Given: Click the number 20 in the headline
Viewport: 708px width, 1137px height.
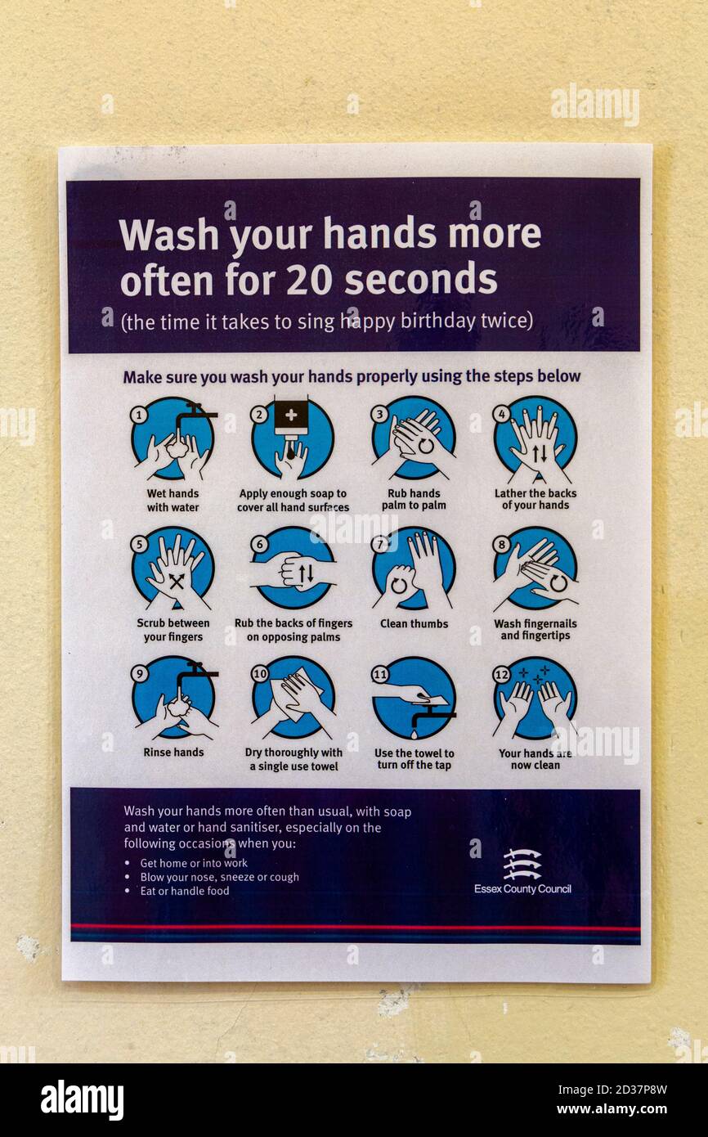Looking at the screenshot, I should coord(310,280).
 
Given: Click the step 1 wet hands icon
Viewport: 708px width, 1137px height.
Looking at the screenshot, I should coord(173,438).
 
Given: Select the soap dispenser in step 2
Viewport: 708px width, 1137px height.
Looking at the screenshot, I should coord(290,418).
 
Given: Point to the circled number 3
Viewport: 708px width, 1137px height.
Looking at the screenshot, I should coord(379,414).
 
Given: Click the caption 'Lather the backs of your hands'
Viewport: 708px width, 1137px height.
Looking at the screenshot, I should coord(535,499).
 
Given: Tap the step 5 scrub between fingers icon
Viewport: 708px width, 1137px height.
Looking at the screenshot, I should coord(173,568).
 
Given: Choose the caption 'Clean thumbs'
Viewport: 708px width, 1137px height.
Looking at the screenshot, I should coord(414,623).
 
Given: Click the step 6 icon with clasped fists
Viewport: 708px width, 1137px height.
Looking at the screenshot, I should coord(293,568).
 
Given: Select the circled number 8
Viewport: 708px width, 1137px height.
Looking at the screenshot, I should coord(501,544).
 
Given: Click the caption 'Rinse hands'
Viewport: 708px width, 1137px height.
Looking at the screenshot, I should coord(173,753).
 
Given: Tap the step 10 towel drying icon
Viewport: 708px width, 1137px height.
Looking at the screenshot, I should coord(293,697).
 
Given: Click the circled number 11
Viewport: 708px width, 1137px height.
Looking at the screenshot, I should coord(380,674).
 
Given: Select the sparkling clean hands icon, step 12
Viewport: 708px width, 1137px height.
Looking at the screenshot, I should coord(535,698).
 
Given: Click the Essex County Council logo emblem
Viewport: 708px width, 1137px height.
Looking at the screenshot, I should coord(522,864).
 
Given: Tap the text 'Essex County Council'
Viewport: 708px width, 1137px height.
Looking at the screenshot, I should coord(522,889).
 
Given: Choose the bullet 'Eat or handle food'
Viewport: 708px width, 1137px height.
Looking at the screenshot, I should coord(185,892).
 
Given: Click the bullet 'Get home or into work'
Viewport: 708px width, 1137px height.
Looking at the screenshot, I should coord(194,863).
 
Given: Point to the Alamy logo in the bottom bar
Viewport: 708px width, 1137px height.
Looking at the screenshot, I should coord(83,1099).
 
